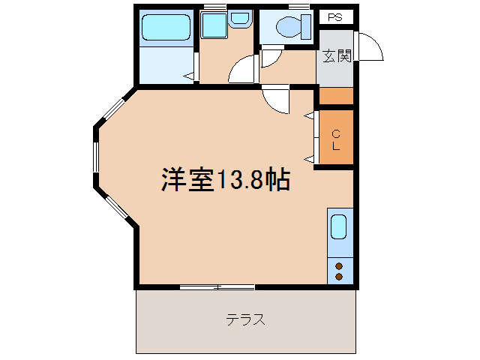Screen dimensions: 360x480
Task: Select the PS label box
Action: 335,16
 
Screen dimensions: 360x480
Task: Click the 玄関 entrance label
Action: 337,56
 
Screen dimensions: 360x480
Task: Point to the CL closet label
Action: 336,140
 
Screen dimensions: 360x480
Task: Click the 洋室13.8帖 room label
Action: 225,180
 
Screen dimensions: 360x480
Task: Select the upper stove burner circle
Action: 339,265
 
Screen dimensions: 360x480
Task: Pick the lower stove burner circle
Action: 339,277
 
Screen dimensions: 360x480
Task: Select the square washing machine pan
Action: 214,26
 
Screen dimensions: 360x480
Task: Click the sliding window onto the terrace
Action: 217,286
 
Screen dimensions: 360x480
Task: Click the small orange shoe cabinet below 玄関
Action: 336,96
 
